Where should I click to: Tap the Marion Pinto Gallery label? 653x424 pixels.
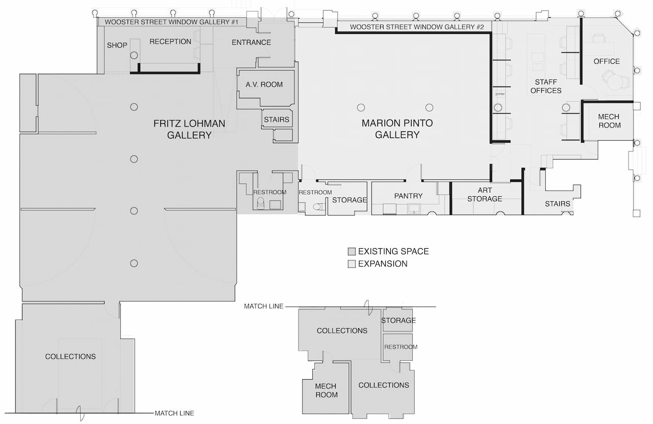(397, 129)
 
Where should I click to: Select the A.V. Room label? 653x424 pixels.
(264, 85)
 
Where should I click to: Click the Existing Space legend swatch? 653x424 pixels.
(351, 252)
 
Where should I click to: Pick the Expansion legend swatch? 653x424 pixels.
(351, 264)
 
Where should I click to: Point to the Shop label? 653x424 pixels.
(117, 45)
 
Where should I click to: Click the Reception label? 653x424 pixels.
(170, 42)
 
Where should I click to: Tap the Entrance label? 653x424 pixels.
(251, 42)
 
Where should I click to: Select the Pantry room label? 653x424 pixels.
(408, 196)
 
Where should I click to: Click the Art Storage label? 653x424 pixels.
(485, 195)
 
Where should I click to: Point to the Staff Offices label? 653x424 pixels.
(546, 86)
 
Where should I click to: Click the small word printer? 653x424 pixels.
(499, 94)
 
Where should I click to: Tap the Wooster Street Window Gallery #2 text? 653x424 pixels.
(417, 26)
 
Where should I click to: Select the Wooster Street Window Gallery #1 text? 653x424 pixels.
(172, 22)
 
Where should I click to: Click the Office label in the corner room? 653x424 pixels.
(607, 61)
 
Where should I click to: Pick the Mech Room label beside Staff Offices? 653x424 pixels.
(609, 121)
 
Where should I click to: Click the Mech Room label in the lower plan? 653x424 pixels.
(326, 390)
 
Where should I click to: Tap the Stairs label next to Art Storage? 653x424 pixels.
(557, 204)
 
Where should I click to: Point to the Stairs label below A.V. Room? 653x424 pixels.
(277, 120)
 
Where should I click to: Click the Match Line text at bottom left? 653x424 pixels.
(174, 413)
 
